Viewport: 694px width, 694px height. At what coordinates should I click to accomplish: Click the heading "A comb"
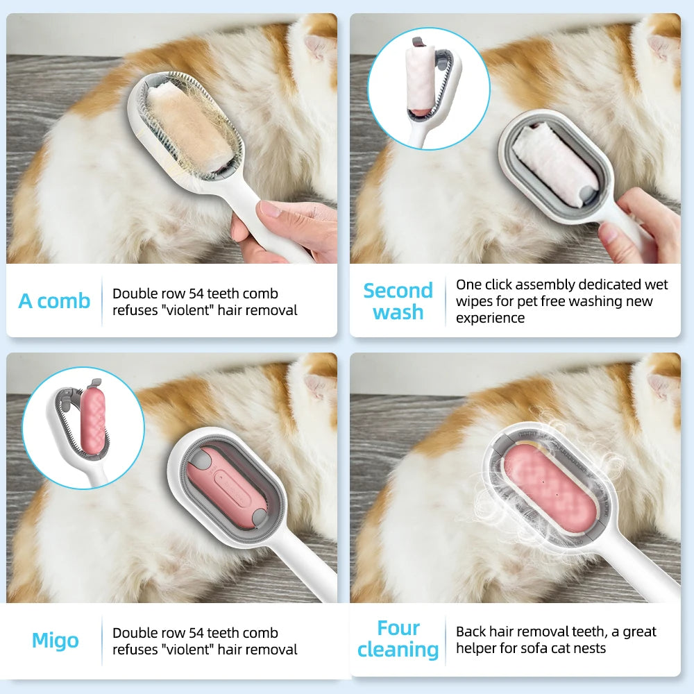tap(54, 301)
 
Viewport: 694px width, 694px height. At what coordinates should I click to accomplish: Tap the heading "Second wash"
tap(398, 301)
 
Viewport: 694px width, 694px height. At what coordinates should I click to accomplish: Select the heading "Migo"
tap(55, 641)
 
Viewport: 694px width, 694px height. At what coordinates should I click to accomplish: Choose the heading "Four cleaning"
tap(398, 639)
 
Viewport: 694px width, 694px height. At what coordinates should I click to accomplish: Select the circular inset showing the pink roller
tap(83, 428)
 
